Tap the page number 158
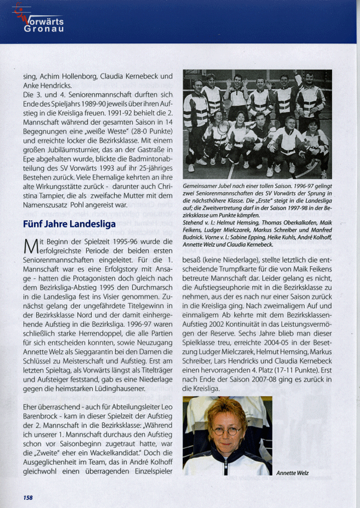click(28, 497)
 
